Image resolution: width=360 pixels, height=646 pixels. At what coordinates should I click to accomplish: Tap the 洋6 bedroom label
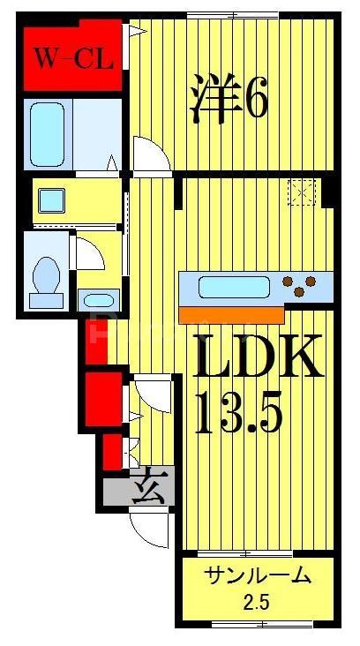(228, 100)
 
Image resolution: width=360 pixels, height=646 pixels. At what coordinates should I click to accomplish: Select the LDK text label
(257, 359)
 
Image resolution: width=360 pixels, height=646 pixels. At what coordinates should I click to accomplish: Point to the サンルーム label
(258, 576)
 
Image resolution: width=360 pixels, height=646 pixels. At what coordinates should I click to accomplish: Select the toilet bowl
(44, 280)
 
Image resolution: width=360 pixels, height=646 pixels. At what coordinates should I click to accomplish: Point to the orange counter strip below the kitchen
(231, 313)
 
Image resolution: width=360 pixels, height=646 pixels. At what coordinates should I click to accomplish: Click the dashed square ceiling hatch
(302, 192)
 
